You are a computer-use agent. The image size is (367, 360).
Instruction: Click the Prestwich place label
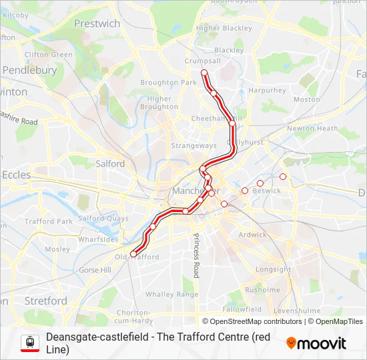97,24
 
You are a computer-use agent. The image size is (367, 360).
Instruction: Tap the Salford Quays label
103,218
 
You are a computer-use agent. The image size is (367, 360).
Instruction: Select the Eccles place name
16,175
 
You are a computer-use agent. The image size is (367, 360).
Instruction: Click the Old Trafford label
138,257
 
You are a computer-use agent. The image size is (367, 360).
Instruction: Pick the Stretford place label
45,301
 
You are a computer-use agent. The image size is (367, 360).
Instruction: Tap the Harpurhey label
267,90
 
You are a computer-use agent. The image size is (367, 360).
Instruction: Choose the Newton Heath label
312,129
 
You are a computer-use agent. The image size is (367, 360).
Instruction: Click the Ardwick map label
252,235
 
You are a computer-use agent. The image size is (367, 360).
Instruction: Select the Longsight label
274,270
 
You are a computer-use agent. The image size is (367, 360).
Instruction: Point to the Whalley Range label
172,294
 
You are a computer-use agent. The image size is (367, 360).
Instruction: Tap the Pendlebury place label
29,70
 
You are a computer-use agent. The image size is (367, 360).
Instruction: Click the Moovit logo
316,343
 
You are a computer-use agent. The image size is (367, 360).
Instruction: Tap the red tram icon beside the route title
29,343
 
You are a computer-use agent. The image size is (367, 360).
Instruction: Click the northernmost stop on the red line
204,73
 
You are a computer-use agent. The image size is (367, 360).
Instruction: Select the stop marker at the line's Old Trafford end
133,253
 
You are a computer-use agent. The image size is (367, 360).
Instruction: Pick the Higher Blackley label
224,29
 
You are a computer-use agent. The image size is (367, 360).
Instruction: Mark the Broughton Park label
168,83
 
